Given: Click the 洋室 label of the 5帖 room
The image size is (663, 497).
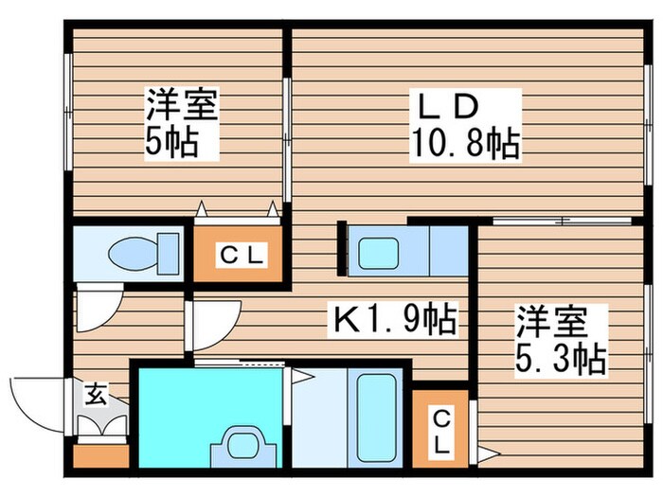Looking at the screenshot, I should [x=181, y=105].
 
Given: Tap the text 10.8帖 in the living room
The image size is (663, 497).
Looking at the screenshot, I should [x=463, y=144].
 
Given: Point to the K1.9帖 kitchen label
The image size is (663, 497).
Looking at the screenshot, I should [x=393, y=318].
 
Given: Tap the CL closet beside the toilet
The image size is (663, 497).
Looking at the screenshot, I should [x=237, y=254].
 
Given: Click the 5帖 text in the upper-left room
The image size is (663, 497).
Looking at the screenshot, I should [x=170, y=143].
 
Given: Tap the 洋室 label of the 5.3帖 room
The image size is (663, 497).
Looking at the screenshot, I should [x=551, y=320].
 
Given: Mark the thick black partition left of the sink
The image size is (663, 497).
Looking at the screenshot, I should [x=341, y=248].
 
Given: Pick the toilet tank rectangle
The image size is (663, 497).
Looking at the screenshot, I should [x=169, y=254].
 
